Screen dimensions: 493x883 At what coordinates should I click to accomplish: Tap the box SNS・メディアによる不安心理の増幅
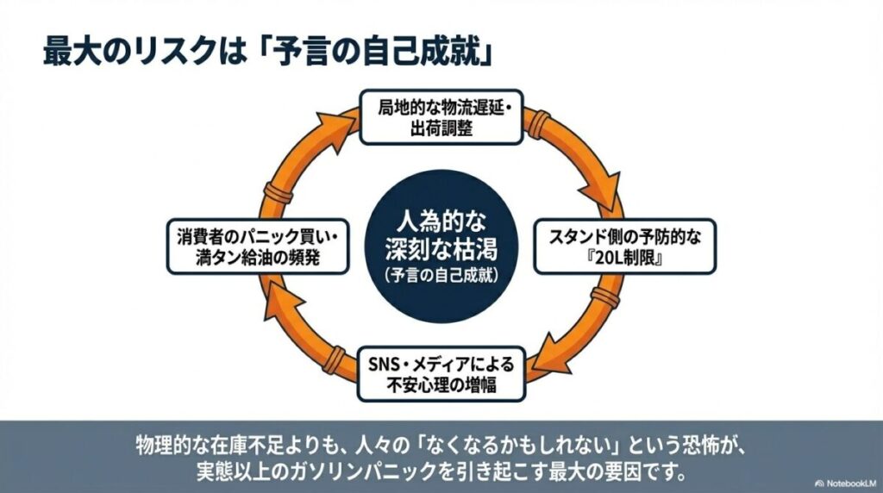(x=440, y=372)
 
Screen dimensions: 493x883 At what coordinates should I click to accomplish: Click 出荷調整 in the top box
(x=441, y=129)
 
